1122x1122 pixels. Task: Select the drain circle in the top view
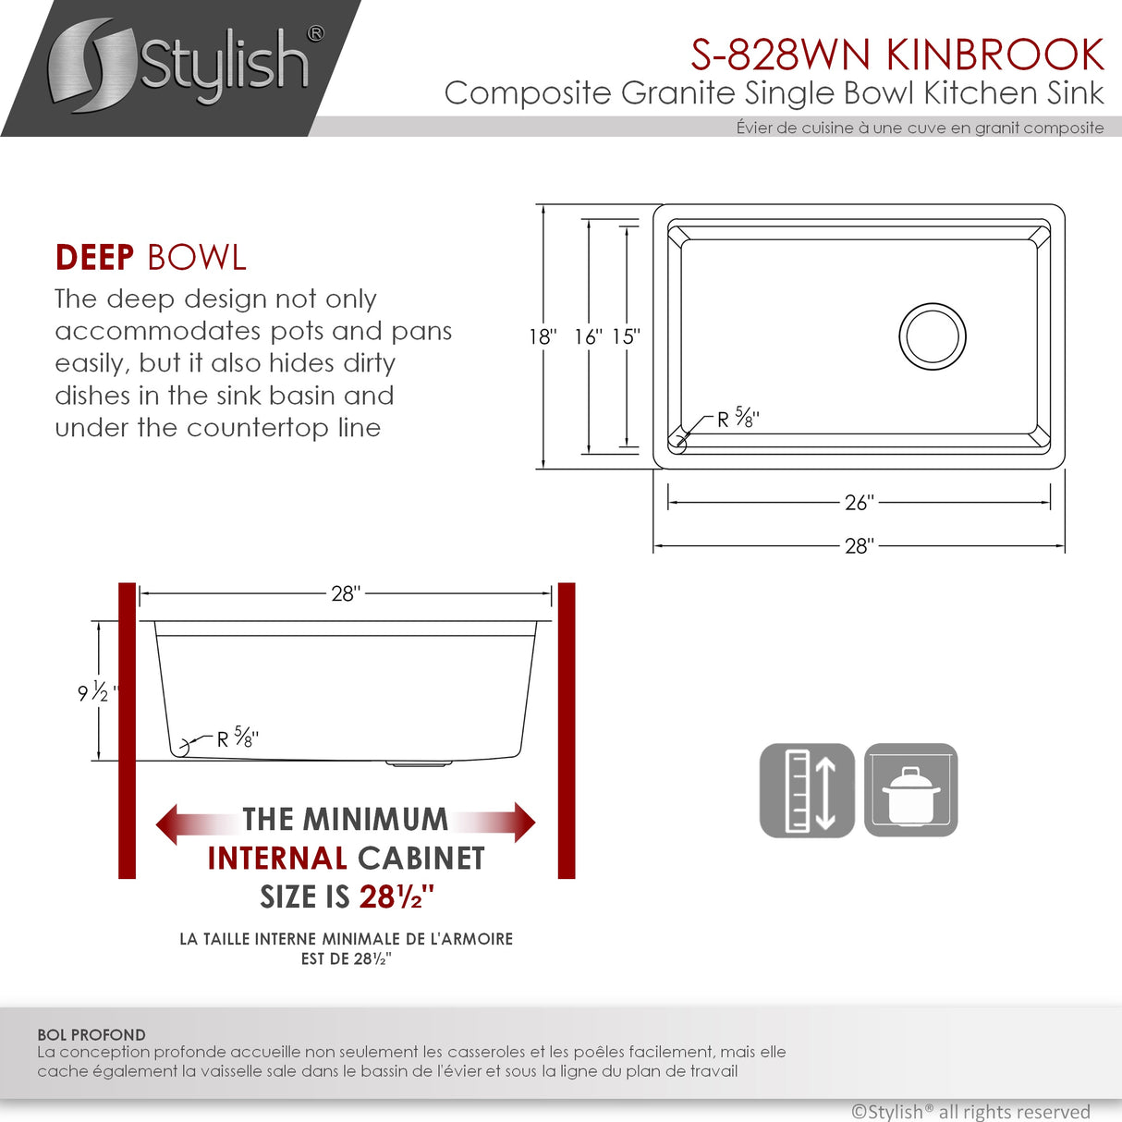(933, 336)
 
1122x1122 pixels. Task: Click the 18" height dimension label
(543, 337)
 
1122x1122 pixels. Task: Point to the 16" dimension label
(588, 337)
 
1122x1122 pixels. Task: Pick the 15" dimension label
(626, 337)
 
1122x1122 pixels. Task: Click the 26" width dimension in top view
(859, 503)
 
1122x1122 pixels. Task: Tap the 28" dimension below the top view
(859, 546)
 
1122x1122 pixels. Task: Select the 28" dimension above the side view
(346, 594)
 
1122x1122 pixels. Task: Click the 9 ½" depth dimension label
(97, 691)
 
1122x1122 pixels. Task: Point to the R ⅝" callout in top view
(738, 419)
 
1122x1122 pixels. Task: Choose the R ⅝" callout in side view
(238, 738)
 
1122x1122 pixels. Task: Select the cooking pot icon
(910, 791)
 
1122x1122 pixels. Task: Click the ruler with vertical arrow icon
(807, 791)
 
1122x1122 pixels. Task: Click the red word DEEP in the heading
(94, 258)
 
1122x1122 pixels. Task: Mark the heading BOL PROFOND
(91, 1035)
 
